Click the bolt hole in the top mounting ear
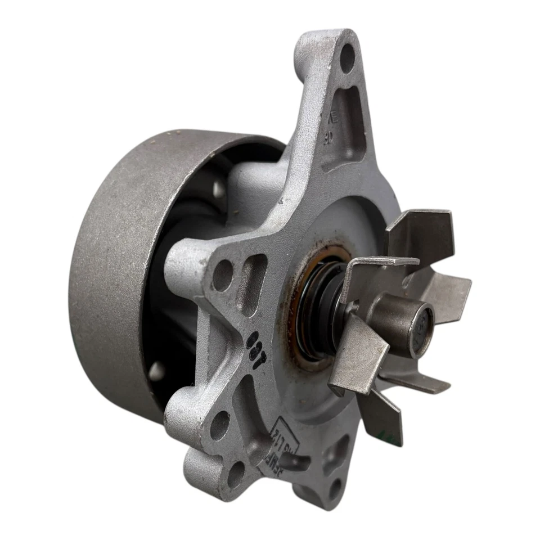(348, 57)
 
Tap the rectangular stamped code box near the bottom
(290, 444)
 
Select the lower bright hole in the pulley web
(156, 372)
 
